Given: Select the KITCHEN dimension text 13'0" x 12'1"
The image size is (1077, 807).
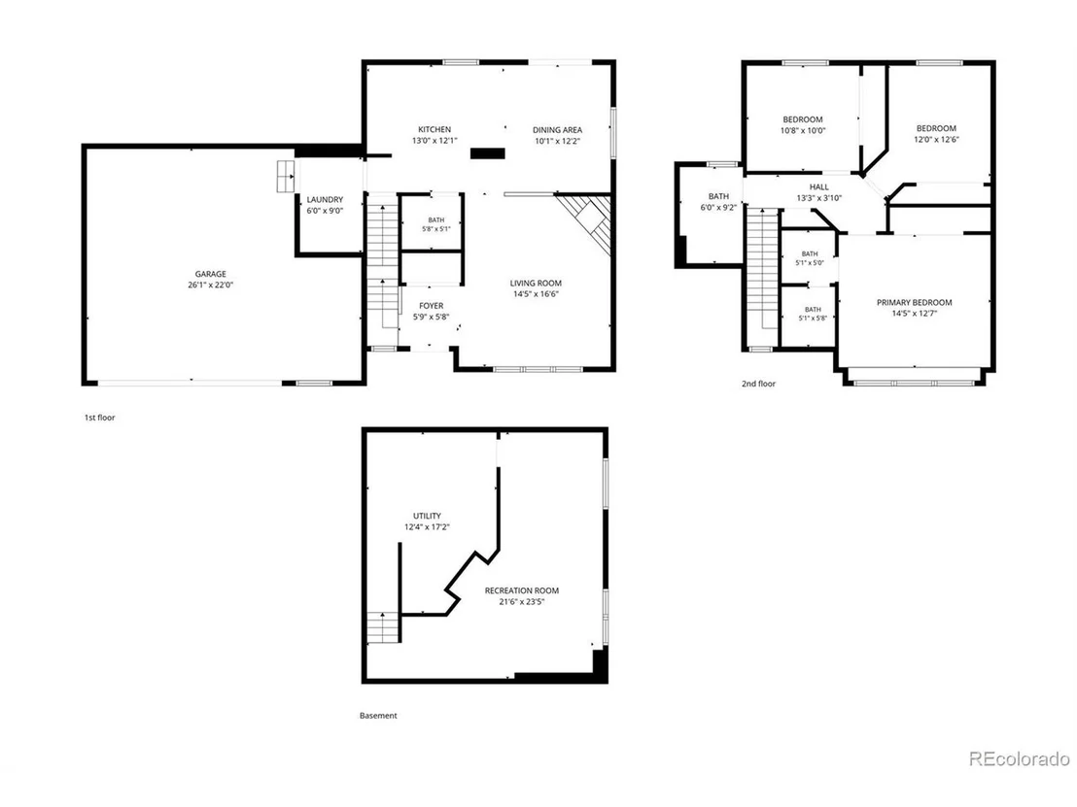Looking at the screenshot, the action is tap(434, 141).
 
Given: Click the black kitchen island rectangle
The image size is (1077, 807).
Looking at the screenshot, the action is tap(488, 153).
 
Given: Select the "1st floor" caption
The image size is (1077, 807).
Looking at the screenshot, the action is tap(99, 418).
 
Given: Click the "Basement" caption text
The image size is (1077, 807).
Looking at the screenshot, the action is tap(378, 715).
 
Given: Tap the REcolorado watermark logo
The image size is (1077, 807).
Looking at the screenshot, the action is tap(1020, 758).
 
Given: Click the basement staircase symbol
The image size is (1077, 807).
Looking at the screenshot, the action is tap(383, 626).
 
